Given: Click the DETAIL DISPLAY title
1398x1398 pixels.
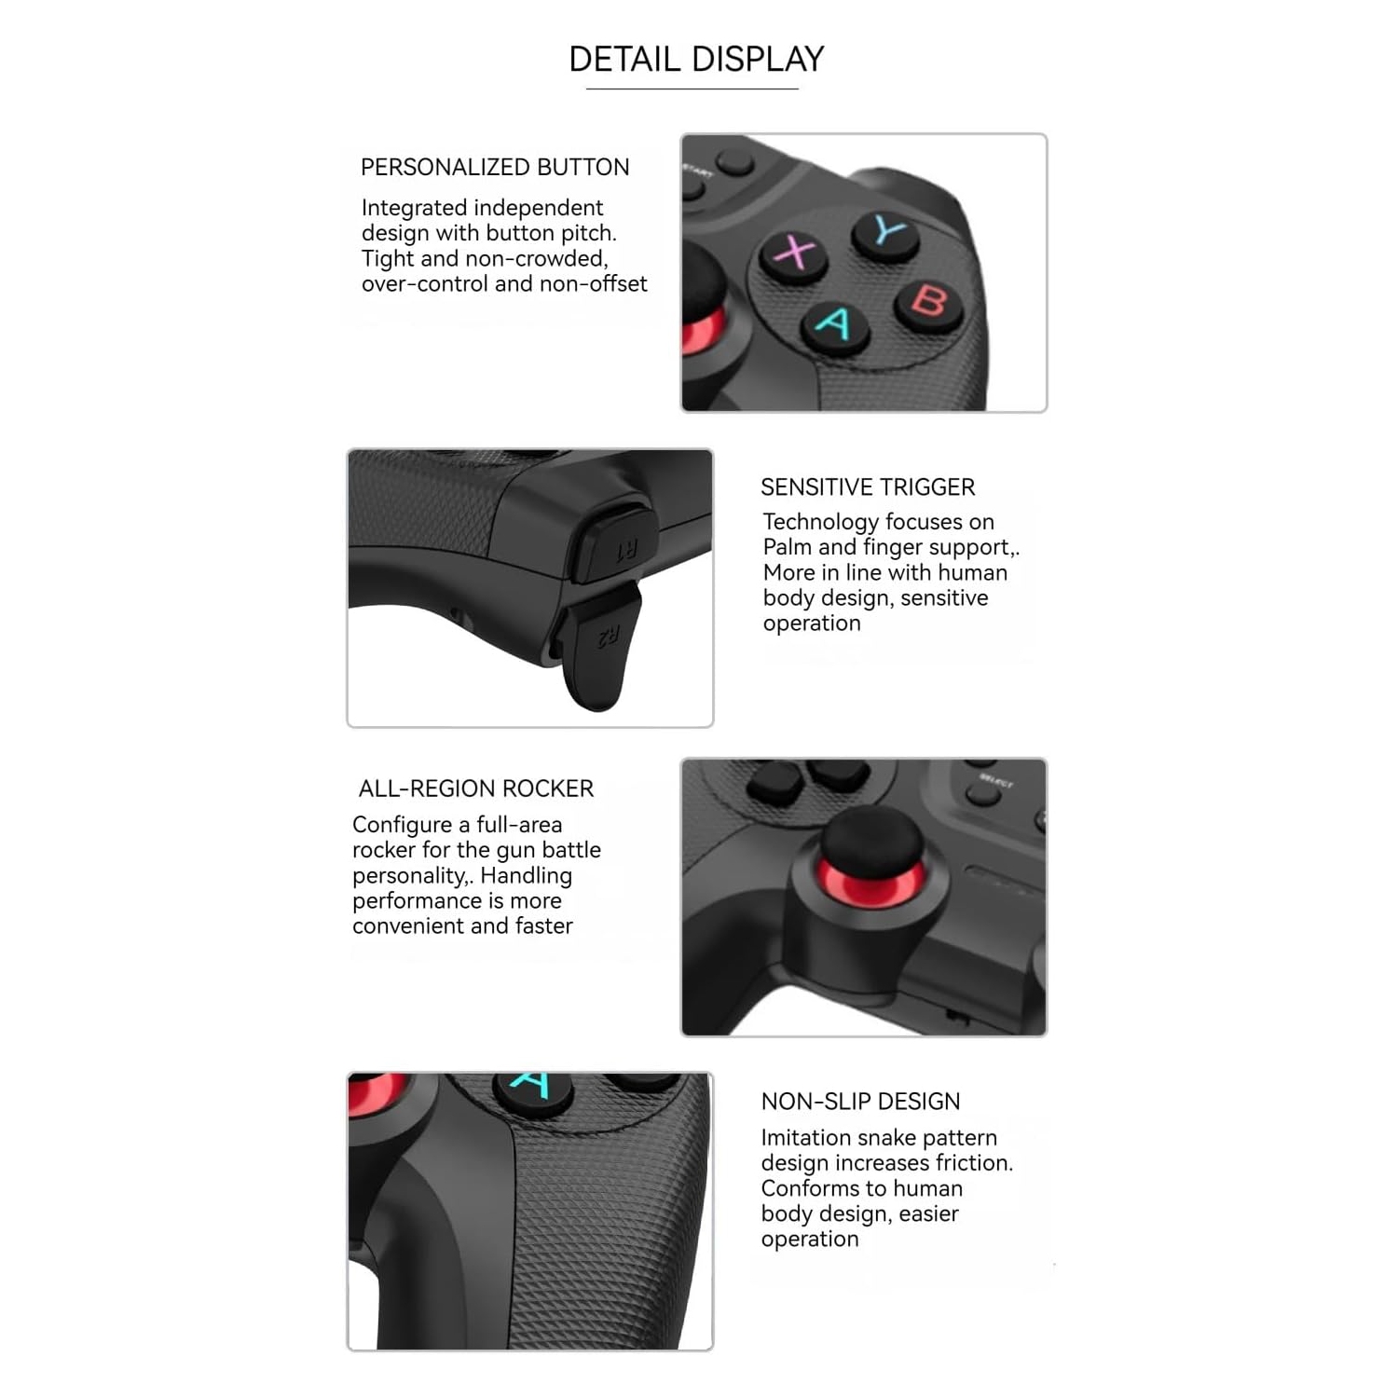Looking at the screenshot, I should click(x=696, y=60).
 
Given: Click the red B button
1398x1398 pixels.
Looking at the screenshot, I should click(x=929, y=302).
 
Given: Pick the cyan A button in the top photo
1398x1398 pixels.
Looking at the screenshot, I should click(x=833, y=324).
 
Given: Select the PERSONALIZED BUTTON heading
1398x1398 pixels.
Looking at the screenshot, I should click(x=495, y=168).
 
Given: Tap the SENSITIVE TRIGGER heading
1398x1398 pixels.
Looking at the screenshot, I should click(x=867, y=487).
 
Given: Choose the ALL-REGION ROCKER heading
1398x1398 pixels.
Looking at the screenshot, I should click(x=475, y=788).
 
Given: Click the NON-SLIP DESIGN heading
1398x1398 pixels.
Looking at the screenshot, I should click(x=859, y=1102).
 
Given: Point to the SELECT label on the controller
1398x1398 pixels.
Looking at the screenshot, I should click(x=995, y=781).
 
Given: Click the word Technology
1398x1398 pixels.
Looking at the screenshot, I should click(x=817, y=522).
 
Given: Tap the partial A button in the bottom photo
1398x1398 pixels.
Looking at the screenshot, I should click(x=532, y=1089).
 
